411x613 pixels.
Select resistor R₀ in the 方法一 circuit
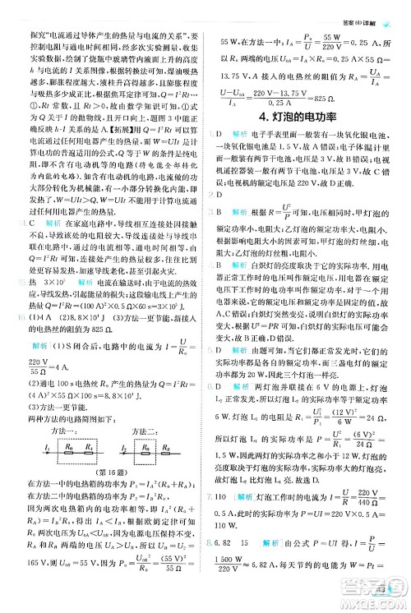[x=70, y=449]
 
